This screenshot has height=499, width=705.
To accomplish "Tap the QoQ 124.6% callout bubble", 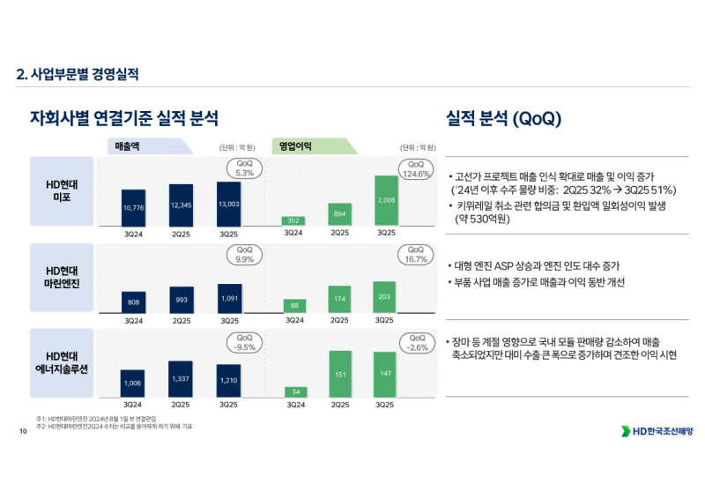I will click(415, 169).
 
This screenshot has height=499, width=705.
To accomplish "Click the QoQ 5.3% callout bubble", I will click(244, 168).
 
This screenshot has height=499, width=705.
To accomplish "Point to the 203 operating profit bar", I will click(384, 297).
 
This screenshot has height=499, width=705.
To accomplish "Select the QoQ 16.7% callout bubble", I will click(415, 255).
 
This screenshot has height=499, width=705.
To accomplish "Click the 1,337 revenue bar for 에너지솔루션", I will click(180, 378).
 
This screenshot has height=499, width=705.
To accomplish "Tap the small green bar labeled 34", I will click(295, 391).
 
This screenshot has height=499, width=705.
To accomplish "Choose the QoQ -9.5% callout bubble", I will click(244, 342).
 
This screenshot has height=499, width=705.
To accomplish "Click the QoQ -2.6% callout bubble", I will click(415, 342).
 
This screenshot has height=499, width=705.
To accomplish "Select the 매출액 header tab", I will click(150, 147).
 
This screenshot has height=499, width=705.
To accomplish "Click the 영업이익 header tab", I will click(312, 147).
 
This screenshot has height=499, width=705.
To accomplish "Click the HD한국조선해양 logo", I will click(657, 430).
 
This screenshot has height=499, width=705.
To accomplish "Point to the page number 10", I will click(23, 431).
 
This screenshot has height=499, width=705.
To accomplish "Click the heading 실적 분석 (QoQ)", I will click(503, 118).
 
